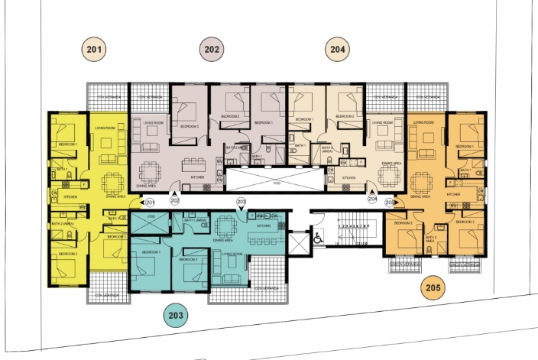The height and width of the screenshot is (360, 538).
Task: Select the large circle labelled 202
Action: (x=212, y=50)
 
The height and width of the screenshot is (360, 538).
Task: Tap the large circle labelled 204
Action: (x=338, y=50)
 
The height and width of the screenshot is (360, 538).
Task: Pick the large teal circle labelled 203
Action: (x=177, y=314)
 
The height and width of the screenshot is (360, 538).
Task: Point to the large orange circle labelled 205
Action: (x=433, y=288)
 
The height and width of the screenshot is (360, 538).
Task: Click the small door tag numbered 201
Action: (x=150, y=203)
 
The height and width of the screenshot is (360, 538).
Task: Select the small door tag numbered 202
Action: (x=175, y=200)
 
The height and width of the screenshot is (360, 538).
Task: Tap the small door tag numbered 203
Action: (x=241, y=202)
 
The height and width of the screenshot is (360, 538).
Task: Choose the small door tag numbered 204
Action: (x=373, y=199)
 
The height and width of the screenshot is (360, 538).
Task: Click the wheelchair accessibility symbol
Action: (x=319, y=238)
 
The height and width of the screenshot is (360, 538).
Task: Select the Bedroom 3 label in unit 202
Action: (x=190, y=126)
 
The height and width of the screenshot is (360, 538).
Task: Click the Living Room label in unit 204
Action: (x=381, y=122)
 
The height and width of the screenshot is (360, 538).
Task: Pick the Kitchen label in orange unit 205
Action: (x=453, y=195)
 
